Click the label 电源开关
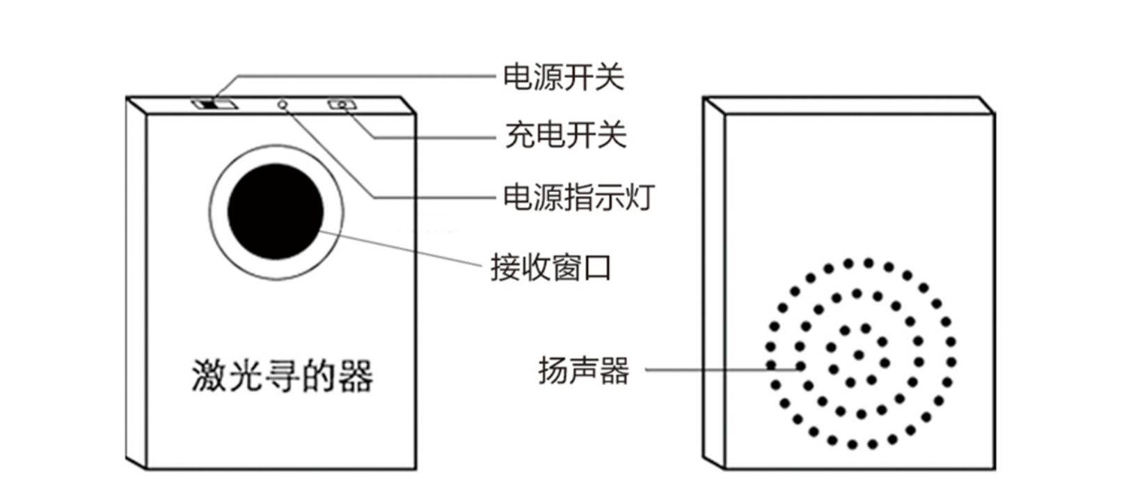click(x=563, y=77)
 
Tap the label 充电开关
click(x=565, y=134)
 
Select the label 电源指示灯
click(x=578, y=197)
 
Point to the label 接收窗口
click(x=550, y=267)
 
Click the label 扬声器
click(x=583, y=370)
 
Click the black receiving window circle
click(x=276, y=212)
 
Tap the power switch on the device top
click(x=215, y=105)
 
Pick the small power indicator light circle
click(x=283, y=105)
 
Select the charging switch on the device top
click(x=342, y=105)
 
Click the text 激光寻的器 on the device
click(x=282, y=376)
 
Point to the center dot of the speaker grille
click(x=859, y=355)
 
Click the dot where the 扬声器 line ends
click(x=801, y=366)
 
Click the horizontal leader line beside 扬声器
click(x=717, y=370)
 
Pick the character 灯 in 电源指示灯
click(x=640, y=197)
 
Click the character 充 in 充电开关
click(x=520, y=134)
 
